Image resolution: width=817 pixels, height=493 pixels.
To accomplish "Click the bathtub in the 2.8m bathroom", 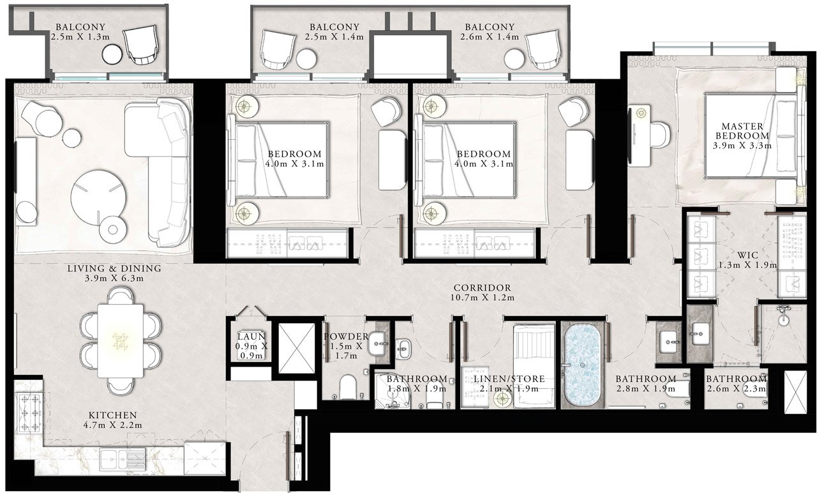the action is [582, 364].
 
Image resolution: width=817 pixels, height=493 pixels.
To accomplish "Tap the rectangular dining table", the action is [121, 342].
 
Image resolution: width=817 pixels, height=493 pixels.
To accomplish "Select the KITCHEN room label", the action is [113, 415].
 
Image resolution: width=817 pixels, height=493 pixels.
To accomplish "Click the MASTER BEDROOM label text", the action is [742, 131].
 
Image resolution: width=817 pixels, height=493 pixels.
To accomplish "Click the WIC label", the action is [747, 255].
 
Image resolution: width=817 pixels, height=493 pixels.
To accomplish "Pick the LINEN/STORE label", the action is [509, 379].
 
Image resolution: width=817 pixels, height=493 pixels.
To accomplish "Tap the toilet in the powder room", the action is [348, 387].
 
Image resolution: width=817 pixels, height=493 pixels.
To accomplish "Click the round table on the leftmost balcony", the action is [112, 55].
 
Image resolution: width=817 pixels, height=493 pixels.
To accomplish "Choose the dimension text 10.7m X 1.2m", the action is [483, 298].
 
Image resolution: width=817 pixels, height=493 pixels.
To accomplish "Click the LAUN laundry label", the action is [251, 337].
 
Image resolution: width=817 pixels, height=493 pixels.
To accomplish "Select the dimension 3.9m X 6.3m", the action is [114, 278].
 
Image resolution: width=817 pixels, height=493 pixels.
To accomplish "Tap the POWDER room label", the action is [346, 337].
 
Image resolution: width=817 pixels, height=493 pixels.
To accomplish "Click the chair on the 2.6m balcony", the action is [544, 50].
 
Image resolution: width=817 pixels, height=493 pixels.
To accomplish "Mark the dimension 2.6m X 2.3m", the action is [737, 389].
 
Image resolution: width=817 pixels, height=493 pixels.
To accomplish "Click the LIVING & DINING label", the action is [114, 268].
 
